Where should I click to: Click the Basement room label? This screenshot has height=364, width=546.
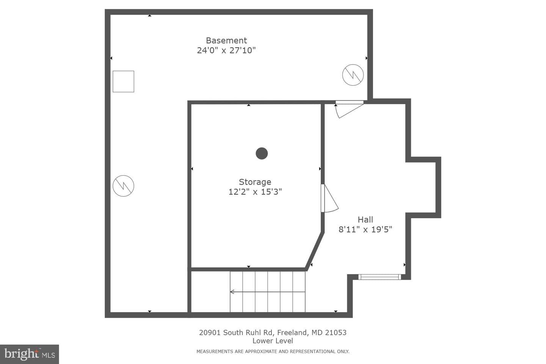pos(226,41)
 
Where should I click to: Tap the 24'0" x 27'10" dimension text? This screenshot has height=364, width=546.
pos(226,50)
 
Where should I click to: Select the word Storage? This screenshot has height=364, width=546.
pos(255,182)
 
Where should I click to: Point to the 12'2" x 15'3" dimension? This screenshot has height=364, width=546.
pos(255,192)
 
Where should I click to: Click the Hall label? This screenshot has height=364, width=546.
pos(365,220)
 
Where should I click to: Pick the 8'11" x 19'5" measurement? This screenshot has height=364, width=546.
pos(365,229)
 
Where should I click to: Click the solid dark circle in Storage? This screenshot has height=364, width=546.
pos(262,153)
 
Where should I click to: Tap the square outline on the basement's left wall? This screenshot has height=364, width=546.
pos(123,82)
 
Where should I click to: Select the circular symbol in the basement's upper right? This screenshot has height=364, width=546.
pos(353,75)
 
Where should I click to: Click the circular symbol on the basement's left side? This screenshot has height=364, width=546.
pos(123,186)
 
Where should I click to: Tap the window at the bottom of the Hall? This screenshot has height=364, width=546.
pos(380,277)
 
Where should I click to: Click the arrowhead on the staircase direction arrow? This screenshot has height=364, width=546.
pos(232,292)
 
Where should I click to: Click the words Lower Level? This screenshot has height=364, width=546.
pos(273,341)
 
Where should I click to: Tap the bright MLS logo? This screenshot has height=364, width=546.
pos(30,354)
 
